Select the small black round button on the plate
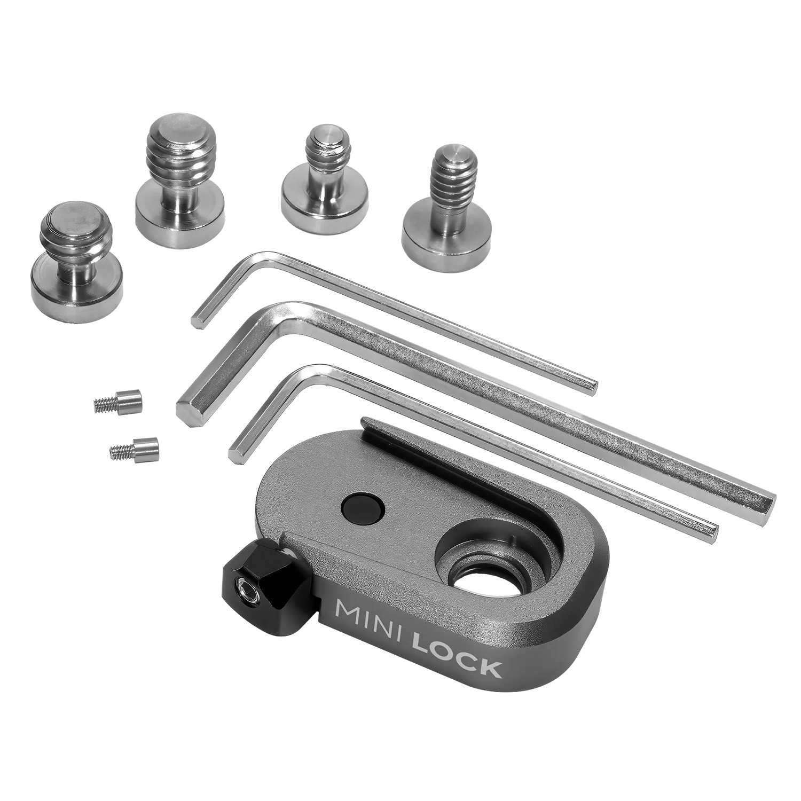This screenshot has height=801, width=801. coord(363,505)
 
